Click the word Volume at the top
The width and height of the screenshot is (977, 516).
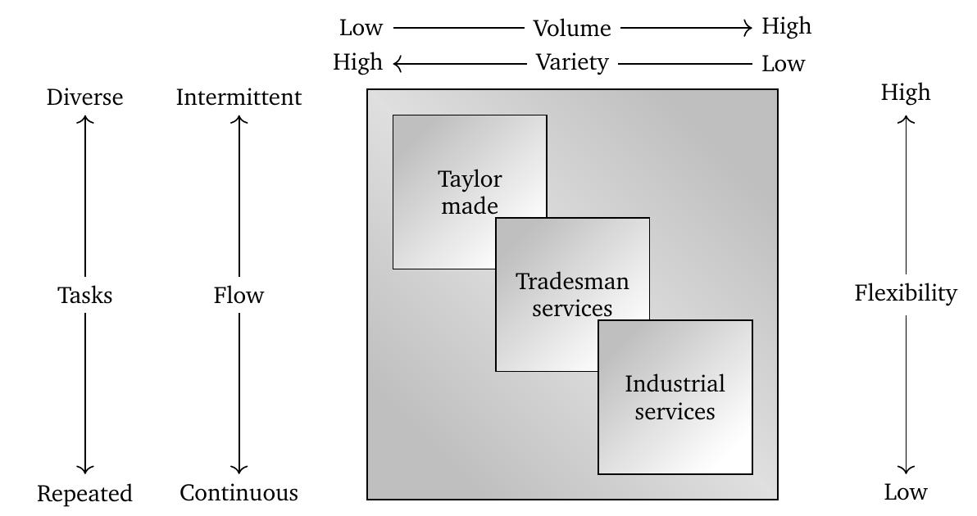click(x=572, y=29)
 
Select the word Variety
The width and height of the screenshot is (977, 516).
click(x=572, y=62)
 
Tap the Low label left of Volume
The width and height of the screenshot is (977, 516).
click(x=361, y=28)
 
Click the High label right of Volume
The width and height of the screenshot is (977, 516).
click(x=786, y=26)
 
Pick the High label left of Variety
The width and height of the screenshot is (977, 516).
click(x=357, y=62)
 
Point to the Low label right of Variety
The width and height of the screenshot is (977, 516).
click(x=783, y=64)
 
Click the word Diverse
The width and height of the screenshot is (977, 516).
click(x=85, y=97)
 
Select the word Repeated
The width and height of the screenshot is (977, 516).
click(x=84, y=494)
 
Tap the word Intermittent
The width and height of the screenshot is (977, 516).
click(x=239, y=97)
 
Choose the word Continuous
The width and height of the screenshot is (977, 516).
click(x=239, y=493)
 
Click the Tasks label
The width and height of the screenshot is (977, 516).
click(x=85, y=296)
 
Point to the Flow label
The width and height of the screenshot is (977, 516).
click(x=239, y=296)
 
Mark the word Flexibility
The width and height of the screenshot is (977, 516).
click(x=906, y=293)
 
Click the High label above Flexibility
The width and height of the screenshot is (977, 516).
click(x=906, y=93)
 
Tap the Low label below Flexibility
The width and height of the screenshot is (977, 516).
click(x=906, y=492)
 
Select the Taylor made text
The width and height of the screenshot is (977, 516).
click(x=470, y=192)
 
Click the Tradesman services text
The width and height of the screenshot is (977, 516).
click(x=572, y=295)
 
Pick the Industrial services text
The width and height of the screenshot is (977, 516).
click(x=675, y=397)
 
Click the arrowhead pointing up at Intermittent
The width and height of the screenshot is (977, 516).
click(x=239, y=120)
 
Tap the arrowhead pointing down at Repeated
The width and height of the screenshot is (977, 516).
click(x=85, y=470)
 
